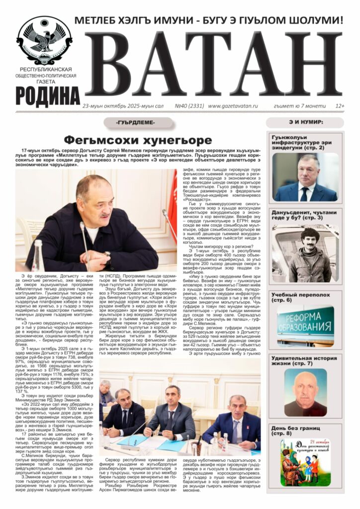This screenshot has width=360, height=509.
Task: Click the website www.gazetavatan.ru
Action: tap(233, 106)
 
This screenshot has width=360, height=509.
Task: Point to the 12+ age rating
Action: tap(340, 106)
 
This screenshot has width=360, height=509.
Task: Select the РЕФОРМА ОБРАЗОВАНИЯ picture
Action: tap(305, 326)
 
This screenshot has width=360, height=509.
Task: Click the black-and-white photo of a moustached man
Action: tap(305, 254)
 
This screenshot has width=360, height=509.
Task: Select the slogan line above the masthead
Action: tap(209, 21)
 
